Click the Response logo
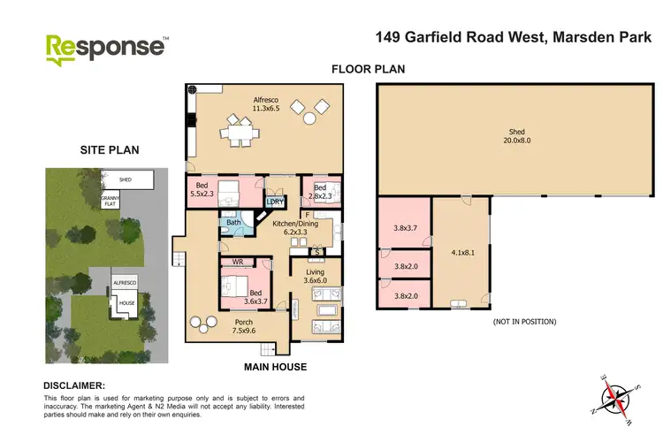coord(105,48)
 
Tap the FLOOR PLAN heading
coord(362,69)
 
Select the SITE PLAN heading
coord(109,150)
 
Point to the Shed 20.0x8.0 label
coord(517,134)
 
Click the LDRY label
coord(275,202)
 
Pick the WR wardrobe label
coord(238,263)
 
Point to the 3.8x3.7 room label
coord(403,228)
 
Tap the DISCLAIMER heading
coord(74,385)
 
